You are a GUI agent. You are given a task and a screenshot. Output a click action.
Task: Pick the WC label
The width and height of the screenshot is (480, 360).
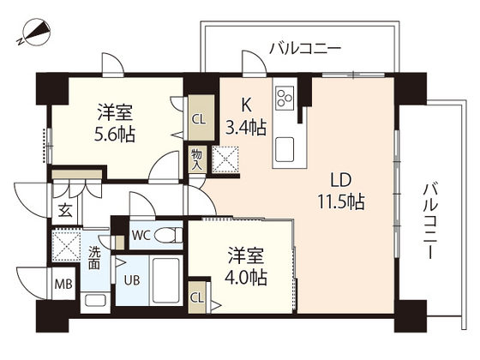[x=142, y=234]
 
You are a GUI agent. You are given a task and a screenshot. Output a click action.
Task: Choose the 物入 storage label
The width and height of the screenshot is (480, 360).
[x=197, y=159]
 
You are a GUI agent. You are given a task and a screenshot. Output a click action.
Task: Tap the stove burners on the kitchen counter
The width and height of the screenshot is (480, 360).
[x=285, y=95]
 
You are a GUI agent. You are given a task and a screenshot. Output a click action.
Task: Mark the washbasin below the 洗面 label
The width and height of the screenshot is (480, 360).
[x=94, y=300]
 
